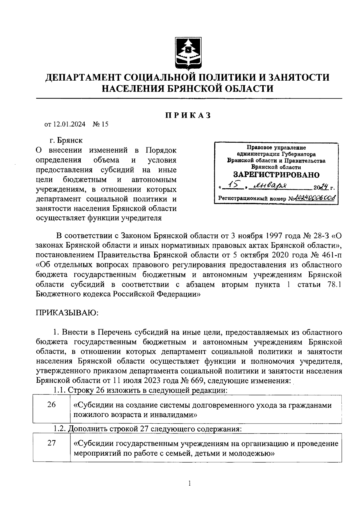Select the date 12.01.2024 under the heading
pyautogui.click(x=69, y=124)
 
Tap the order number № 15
pyautogui.click(x=100, y=124)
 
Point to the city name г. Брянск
pyautogui.click(x=66, y=140)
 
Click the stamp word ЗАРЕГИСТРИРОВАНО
pyautogui.click(x=276, y=174)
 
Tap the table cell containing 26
pyautogui.click(x=52, y=405)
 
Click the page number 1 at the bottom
pyautogui.click(x=189, y=483)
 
